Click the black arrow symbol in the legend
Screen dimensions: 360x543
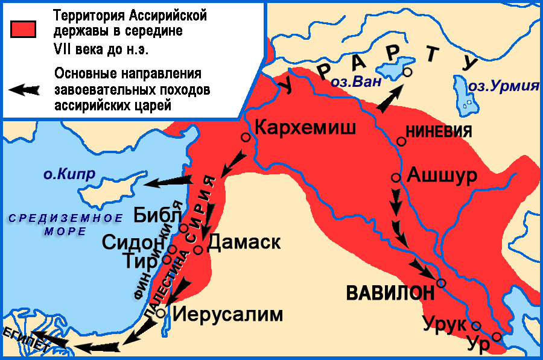[x=24, y=90]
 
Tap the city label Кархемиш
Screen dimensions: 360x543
[x=305, y=127]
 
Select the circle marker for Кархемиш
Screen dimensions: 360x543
[x=246, y=137]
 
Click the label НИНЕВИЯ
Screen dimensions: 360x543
[x=439, y=131]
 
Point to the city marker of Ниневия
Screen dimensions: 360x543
[x=401, y=141]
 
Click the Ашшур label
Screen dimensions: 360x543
[x=442, y=175]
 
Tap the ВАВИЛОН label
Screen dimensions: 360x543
[x=390, y=293]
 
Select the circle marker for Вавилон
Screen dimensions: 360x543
[x=441, y=283]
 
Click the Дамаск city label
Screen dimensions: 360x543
[x=244, y=242]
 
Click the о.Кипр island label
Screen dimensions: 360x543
[x=69, y=174]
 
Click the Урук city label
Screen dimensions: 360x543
[x=445, y=323]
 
